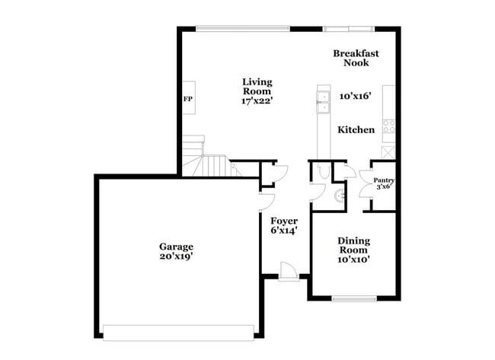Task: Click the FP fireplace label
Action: click(x=187, y=99)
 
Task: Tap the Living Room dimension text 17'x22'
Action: click(x=257, y=99)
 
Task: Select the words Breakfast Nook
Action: click(x=356, y=59)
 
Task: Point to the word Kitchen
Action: click(x=356, y=130)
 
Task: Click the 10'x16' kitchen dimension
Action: click(x=355, y=97)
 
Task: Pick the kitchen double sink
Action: click(x=323, y=97)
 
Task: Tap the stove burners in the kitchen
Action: click(x=388, y=126)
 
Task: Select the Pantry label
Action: click(x=383, y=183)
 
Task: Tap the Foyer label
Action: click(x=283, y=221)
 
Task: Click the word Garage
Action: click(x=176, y=247)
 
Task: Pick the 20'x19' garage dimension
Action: click(x=176, y=256)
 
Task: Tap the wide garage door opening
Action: click(x=179, y=332)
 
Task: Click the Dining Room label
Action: click(x=353, y=245)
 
